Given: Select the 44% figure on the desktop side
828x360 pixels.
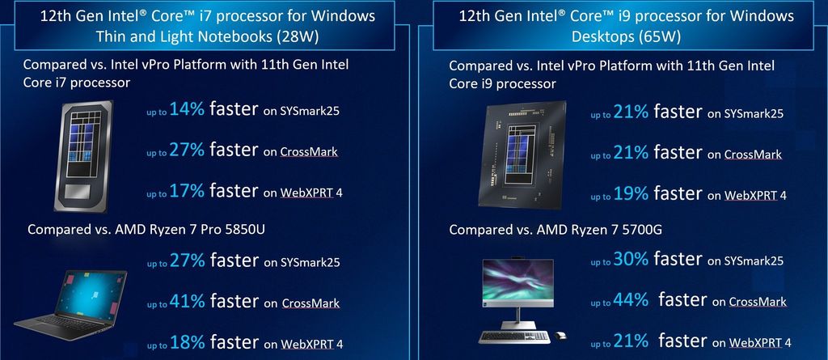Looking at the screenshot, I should [632, 300].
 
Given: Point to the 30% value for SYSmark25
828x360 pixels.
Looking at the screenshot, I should [632, 259].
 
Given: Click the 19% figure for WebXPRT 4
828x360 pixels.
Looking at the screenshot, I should [631, 193].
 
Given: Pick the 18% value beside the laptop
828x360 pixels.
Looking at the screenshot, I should [188, 343].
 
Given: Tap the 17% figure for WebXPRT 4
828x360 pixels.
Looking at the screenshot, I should [188, 191].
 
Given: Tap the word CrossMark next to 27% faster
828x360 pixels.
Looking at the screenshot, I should [310, 152].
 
